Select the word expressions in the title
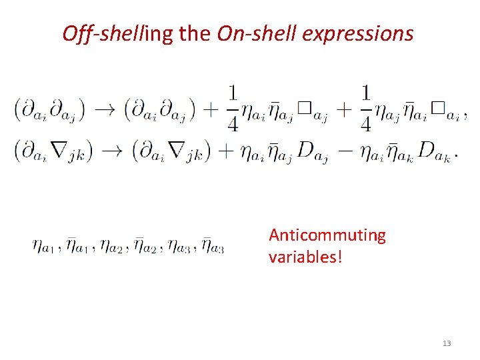click(x=358, y=33)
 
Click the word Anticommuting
click(x=327, y=235)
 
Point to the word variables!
click(x=305, y=257)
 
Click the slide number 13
click(x=446, y=343)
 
